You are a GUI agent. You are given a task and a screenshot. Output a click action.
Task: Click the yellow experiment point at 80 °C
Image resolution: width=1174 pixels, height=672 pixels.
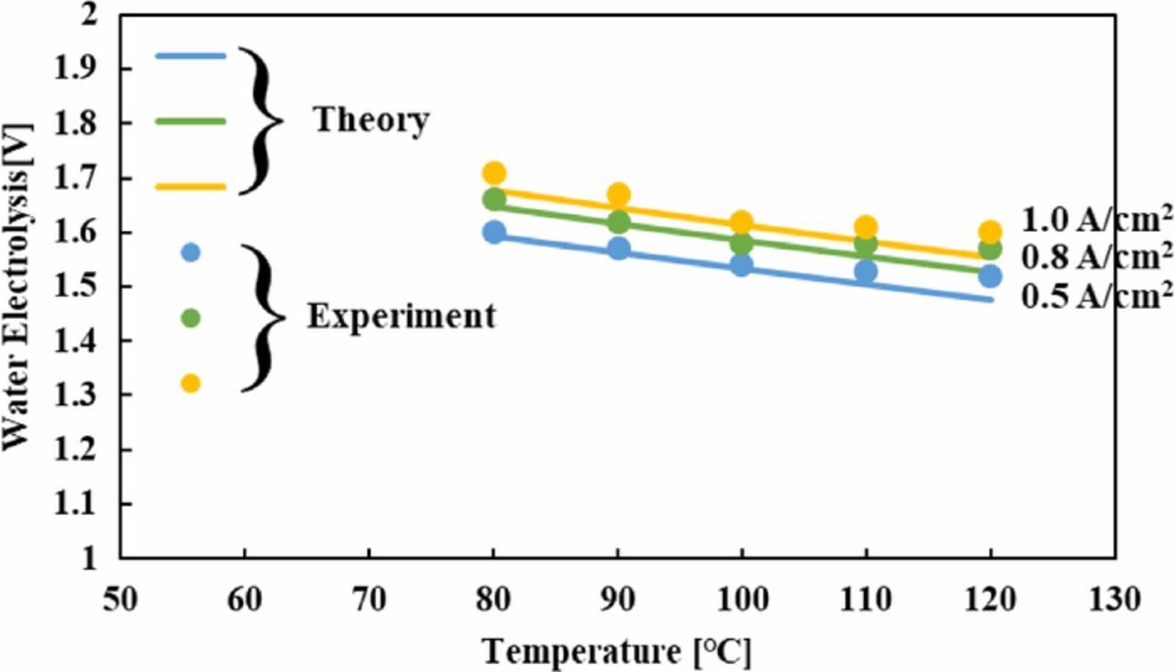click(x=494, y=173)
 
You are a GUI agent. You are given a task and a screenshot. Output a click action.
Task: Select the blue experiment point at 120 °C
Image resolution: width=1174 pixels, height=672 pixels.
click(x=990, y=276)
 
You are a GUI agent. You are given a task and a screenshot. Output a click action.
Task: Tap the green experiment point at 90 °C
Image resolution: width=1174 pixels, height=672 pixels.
click(x=618, y=222)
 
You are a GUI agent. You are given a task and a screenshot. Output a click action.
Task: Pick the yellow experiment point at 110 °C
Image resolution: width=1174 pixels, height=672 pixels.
click(x=866, y=227)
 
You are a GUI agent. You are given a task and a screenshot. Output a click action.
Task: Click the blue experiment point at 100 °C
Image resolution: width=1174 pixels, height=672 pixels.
click(x=742, y=266)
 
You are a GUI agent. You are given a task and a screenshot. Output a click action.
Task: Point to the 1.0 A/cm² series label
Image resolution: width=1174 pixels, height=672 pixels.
click(x=1095, y=220)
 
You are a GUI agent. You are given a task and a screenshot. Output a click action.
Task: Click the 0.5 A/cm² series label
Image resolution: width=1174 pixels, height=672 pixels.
click(x=1095, y=297)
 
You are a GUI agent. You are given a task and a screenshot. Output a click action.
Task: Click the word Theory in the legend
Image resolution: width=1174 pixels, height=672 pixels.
click(x=371, y=121)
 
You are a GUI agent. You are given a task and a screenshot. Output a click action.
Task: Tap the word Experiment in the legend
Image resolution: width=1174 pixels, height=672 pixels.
click(x=401, y=316)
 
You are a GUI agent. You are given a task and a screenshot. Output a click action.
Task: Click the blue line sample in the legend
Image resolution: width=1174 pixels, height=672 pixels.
click(x=190, y=56)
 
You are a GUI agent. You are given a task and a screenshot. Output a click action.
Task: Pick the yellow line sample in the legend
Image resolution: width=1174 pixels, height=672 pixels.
click(x=190, y=187)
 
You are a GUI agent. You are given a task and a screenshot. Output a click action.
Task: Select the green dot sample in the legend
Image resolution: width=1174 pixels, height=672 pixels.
click(x=191, y=317)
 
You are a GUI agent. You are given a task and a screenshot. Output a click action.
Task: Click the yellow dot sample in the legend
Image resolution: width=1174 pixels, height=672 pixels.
click(x=191, y=383)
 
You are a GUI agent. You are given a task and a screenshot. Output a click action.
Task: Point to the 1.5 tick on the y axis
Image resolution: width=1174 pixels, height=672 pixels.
click(x=89, y=287)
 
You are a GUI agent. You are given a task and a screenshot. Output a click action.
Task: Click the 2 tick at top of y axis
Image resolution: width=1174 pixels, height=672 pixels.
click(x=98, y=16)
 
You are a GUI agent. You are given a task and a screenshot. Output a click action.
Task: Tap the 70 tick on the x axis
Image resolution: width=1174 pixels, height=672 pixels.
click(x=369, y=600)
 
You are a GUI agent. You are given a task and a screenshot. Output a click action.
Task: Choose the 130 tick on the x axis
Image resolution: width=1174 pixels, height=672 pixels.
click(x=1115, y=600)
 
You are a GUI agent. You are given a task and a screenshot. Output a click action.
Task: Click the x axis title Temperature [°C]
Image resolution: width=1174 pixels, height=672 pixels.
click(x=617, y=652)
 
